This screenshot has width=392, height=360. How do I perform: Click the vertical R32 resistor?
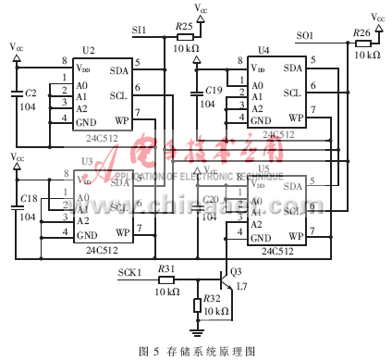click(197, 305)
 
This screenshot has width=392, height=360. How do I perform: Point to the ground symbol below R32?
click(197, 329)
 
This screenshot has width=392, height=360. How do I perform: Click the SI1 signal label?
click(140, 31)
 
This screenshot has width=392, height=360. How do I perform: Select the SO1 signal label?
click(305, 36)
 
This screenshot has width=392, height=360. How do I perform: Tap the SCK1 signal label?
click(130, 272)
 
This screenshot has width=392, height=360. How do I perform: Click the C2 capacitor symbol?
click(17, 93)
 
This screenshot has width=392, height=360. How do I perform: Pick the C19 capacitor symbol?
click(195, 93)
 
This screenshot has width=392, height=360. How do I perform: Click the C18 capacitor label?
click(29, 199)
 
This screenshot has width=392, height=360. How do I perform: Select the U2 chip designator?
click(88, 50)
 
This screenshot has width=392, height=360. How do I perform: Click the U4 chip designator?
click(263, 50)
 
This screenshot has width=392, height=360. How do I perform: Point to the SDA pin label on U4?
click(292, 68)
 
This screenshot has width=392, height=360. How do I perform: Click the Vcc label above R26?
click(378, 17)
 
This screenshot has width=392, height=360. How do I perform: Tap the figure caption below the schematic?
click(196, 351)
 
